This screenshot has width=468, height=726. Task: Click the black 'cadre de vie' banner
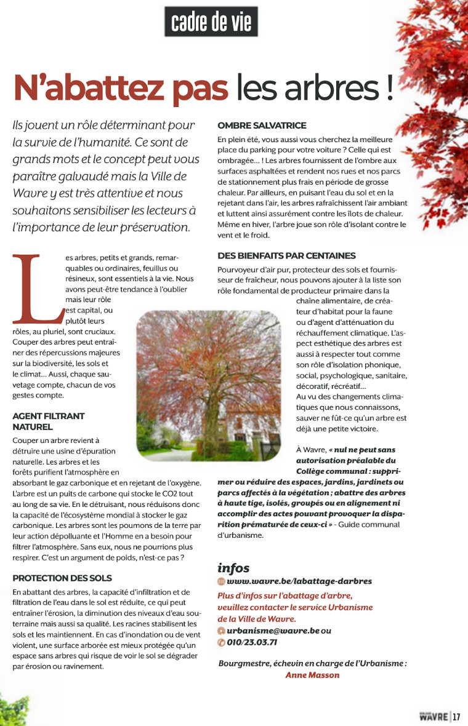pyautogui.click(x=211, y=22)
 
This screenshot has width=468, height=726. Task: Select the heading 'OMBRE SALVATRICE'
pyautogui.click(x=262, y=125)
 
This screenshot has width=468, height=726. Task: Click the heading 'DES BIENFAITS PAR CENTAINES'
pyautogui.click(x=286, y=255)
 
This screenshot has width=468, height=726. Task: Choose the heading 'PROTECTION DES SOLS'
pyautogui.click(x=62, y=578)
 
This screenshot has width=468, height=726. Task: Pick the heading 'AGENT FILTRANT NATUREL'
pyautogui.click(x=48, y=421)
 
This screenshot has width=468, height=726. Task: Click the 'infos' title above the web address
pyautogui.click(x=233, y=567)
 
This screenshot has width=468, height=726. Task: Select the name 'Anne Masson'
pyautogui.click(x=312, y=674)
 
